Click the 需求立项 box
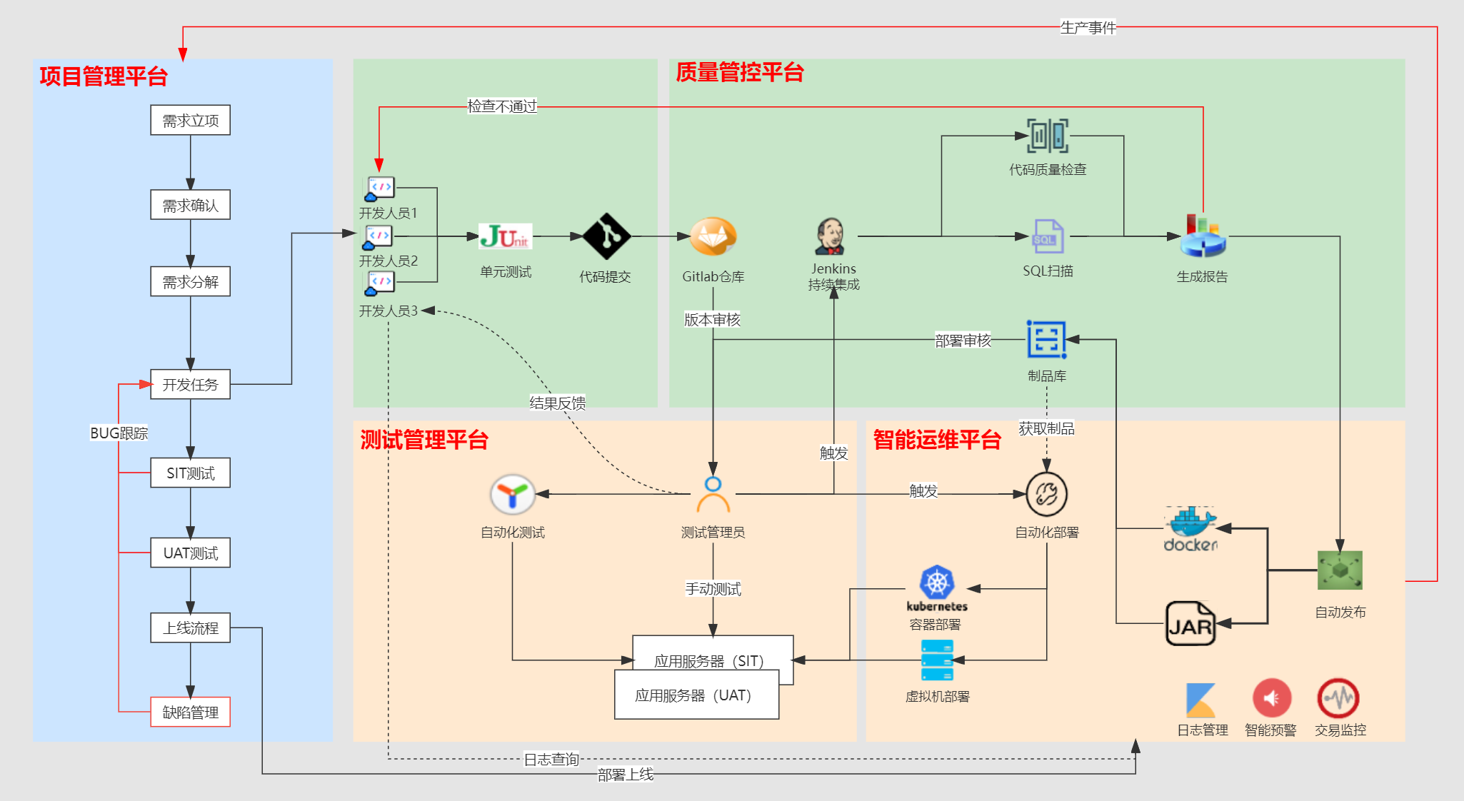click(x=190, y=120)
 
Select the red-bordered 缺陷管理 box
click(x=190, y=712)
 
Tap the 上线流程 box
click(x=190, y=628)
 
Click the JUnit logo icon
click(x=506, y=236)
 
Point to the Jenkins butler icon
click(x=831, y=236)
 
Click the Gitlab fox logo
click(x=713, y=236)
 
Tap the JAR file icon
click(x=1190, y=623)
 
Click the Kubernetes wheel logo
click(x=937, y=583)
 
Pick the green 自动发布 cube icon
click(x=1340, y=570)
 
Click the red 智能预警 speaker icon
click(x=1272, y=698)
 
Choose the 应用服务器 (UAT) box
click(x=696, y=695)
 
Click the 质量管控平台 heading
click(x=740, y=72)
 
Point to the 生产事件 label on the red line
click(x=1088, y=27)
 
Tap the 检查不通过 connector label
click(x=501, y=106)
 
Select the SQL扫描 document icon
click(x=1048, y=236)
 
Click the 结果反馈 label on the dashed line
click(x=557, y=403)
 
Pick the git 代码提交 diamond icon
click(x=606, y=236)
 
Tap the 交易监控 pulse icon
click(x=1338, y=698)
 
